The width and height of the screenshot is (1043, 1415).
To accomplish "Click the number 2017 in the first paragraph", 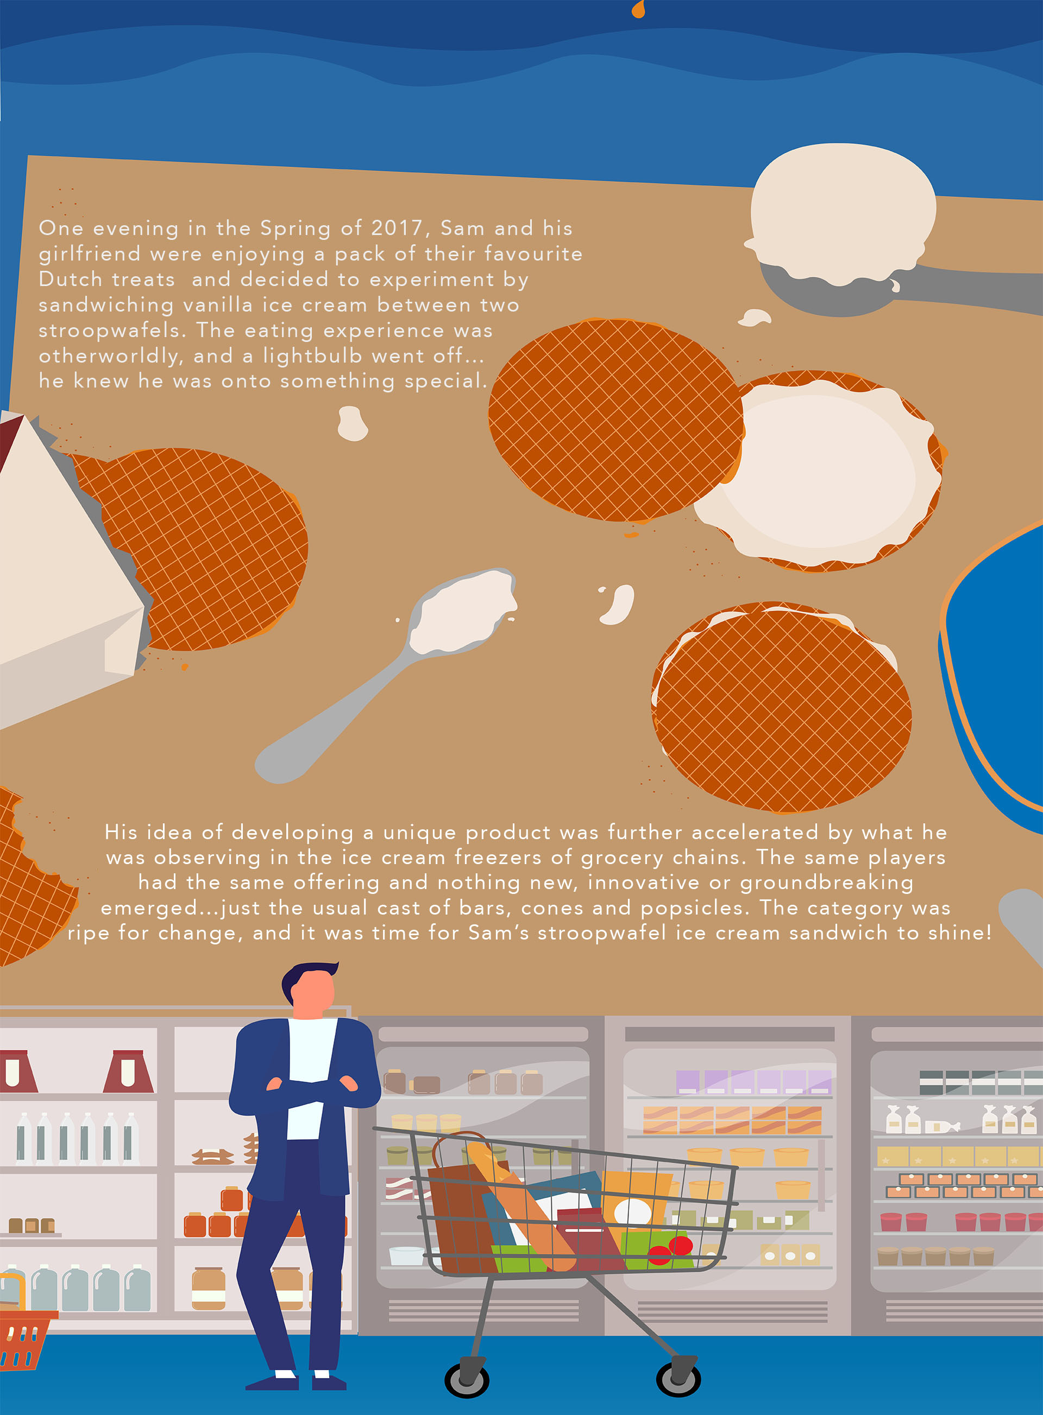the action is (396, 228).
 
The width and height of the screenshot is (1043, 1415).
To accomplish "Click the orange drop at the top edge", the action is (638, 9).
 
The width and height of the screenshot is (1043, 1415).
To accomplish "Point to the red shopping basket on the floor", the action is (25, 1337).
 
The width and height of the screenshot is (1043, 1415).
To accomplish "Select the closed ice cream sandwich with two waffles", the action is (782, 707).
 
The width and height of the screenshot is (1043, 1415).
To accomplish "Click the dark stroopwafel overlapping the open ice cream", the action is (615, 420).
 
